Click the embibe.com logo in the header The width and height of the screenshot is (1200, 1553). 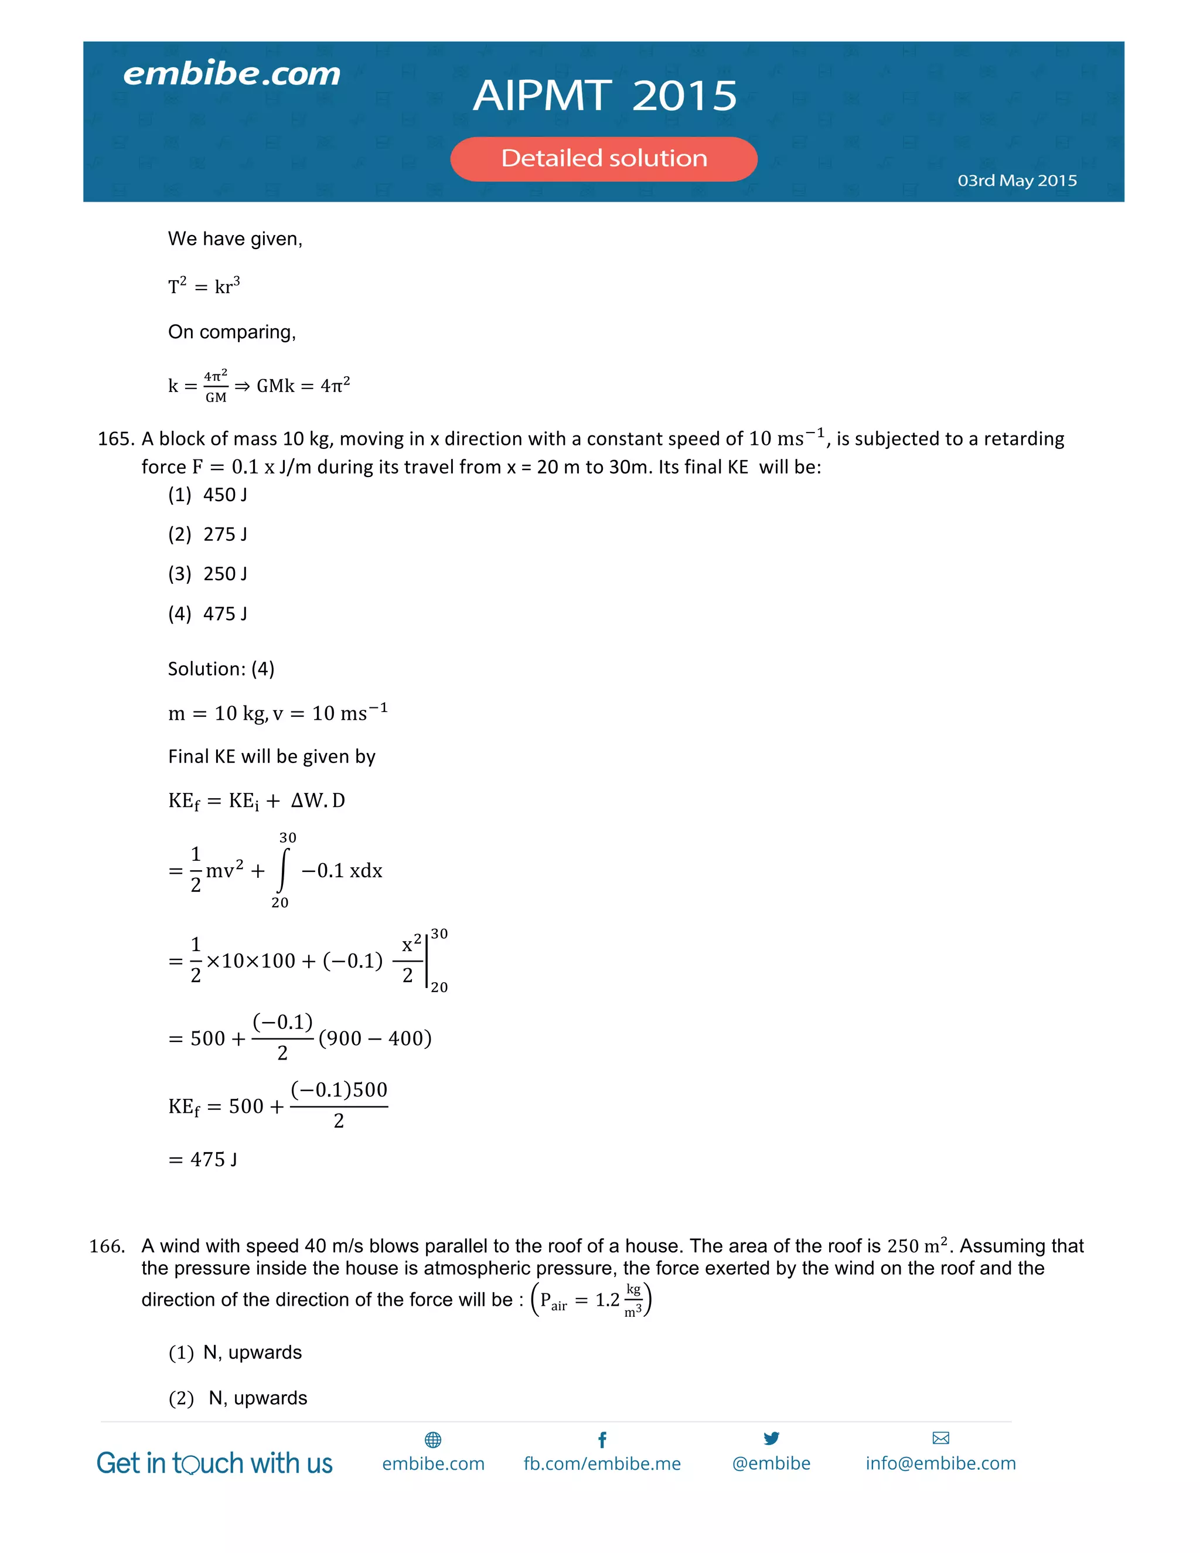(x=232, y=74)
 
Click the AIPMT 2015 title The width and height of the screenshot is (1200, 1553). (x=605, y=96)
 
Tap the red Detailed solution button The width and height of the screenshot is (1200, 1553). (x=604, y=159)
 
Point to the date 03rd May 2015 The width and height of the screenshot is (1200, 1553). (x=1017, y=180)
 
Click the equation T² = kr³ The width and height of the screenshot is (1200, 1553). (x=204, y=286)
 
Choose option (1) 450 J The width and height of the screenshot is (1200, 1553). (x=207, y=495)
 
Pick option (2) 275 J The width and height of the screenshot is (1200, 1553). (x=207, y=534)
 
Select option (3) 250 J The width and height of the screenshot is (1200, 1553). (x=207, y=574)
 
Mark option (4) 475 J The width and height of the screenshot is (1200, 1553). (x=207, y=614)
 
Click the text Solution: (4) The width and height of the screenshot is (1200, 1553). (x=221, y=669)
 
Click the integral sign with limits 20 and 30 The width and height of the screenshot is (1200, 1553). (x=284, y=870)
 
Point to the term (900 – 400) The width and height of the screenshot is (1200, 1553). (x=374, y=1038)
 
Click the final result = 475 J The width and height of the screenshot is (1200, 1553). (x=203, y=1160)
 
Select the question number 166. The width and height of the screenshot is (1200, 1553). (x=107, y=1247)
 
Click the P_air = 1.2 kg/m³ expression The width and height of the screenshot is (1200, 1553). (x=591, y=1300)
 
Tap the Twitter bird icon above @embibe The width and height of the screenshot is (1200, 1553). (x=771, y=1439)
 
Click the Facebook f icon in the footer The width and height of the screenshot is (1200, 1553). (x=602, y=1440)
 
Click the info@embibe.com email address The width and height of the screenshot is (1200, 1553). (x=940, y=1463)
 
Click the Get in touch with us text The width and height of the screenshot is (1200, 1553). (x=214, y=1463)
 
